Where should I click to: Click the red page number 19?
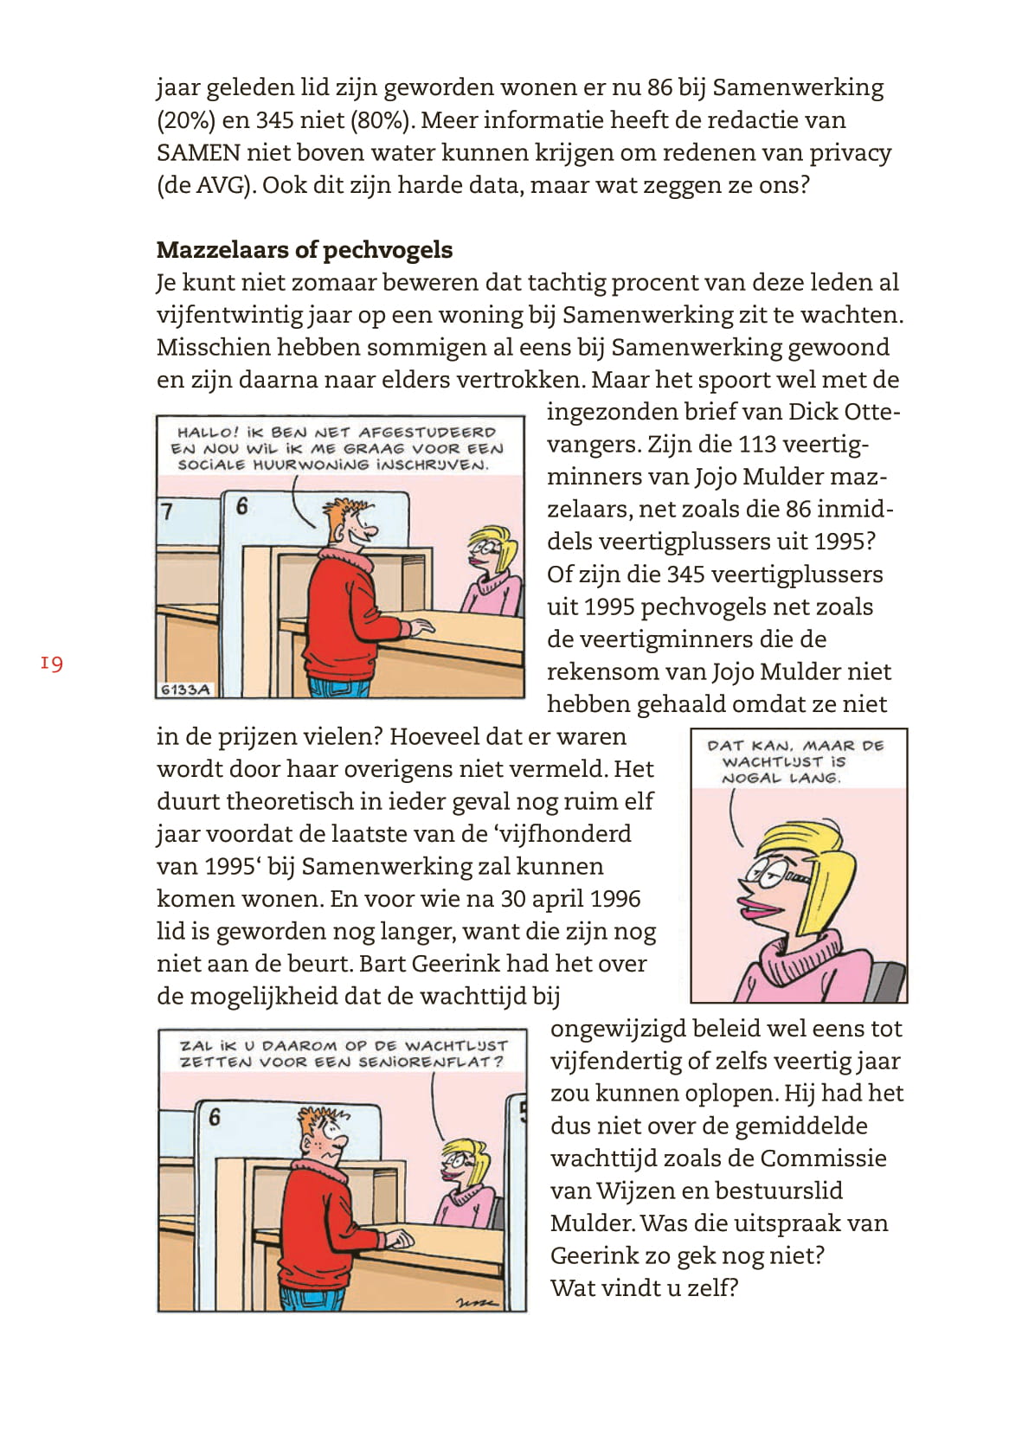coord(51,664)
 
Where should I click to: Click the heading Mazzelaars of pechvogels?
coord(304,250)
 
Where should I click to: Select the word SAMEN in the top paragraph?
coord(198,153)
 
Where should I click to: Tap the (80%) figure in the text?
coord(379,120)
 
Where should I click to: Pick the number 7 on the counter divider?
coord(168,511)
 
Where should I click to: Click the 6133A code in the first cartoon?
coord(185,690)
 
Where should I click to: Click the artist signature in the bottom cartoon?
coord(477,1300)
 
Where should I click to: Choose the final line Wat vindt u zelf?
coord(644,1288)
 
